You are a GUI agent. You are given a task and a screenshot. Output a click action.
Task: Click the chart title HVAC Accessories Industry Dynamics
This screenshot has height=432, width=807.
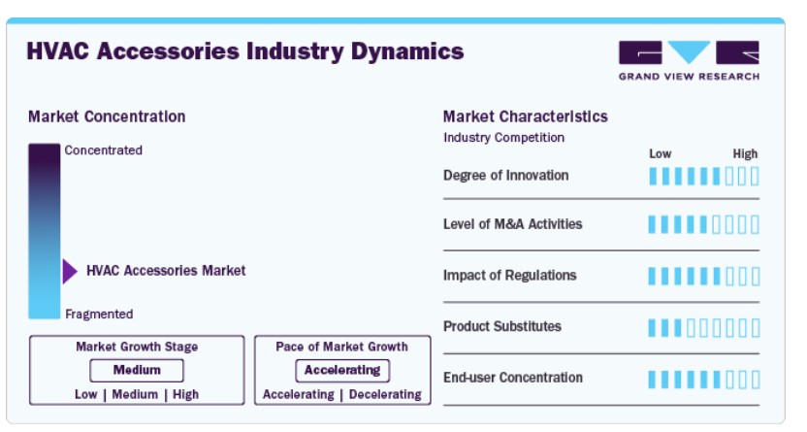pyautogui.click(x=245, y=52)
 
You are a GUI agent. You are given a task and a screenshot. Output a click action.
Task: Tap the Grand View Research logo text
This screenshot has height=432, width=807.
pyautogui.click(x=689, y=77)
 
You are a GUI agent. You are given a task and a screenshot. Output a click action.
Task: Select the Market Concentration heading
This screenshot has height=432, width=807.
pyautogui.click(x=107, y=116)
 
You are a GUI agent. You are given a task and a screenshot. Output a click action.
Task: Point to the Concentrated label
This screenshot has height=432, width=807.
pyautogui.click(x=104, y=150)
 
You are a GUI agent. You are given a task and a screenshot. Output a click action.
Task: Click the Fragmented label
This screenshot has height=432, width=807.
pyautogui.click(x=99, y=315)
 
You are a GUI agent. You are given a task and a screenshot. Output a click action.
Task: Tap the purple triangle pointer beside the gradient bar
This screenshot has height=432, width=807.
pyautogui.click(x=70, y=272)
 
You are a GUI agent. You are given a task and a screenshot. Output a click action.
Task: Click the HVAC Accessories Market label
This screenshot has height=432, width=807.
pyautogui.click(x=166, y=271)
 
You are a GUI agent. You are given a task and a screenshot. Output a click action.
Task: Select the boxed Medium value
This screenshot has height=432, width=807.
pyautogui.click(x=137, y=370)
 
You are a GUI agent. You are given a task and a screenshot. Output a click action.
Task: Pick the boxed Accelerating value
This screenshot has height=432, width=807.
pyautogui.click(x=342, y=370)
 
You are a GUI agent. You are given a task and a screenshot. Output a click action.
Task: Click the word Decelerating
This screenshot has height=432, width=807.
pyautogui.click(x=385, y=394)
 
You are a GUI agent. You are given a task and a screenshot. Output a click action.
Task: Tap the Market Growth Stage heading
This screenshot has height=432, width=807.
pyautogui.click(x=137, y=347)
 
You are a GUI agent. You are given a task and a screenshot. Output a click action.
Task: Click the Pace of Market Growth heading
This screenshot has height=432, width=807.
pyautogui.click(x=341, y=347)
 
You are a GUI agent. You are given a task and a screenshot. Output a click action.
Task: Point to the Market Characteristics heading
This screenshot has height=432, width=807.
pyautogui.click(x=526, y=116)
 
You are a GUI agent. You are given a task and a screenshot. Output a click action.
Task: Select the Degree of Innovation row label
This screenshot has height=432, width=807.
pyautogui.click(x=506, y=176)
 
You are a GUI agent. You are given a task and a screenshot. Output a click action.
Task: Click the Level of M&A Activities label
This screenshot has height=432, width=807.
pyautogui.click(x=512, y=224)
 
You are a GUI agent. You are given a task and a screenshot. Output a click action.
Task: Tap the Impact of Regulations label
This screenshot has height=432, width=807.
pyautogui.click(x=509, y=276)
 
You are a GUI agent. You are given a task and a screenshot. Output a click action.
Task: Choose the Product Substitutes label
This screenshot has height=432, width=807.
pyautogui.click(x=502, y=326)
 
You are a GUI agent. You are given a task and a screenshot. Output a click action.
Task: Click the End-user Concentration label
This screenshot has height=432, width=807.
pyautogui.click(x=513, y=378)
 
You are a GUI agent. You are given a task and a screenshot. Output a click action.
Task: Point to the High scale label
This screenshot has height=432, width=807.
pyautogui.click(x=745, y=154)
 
